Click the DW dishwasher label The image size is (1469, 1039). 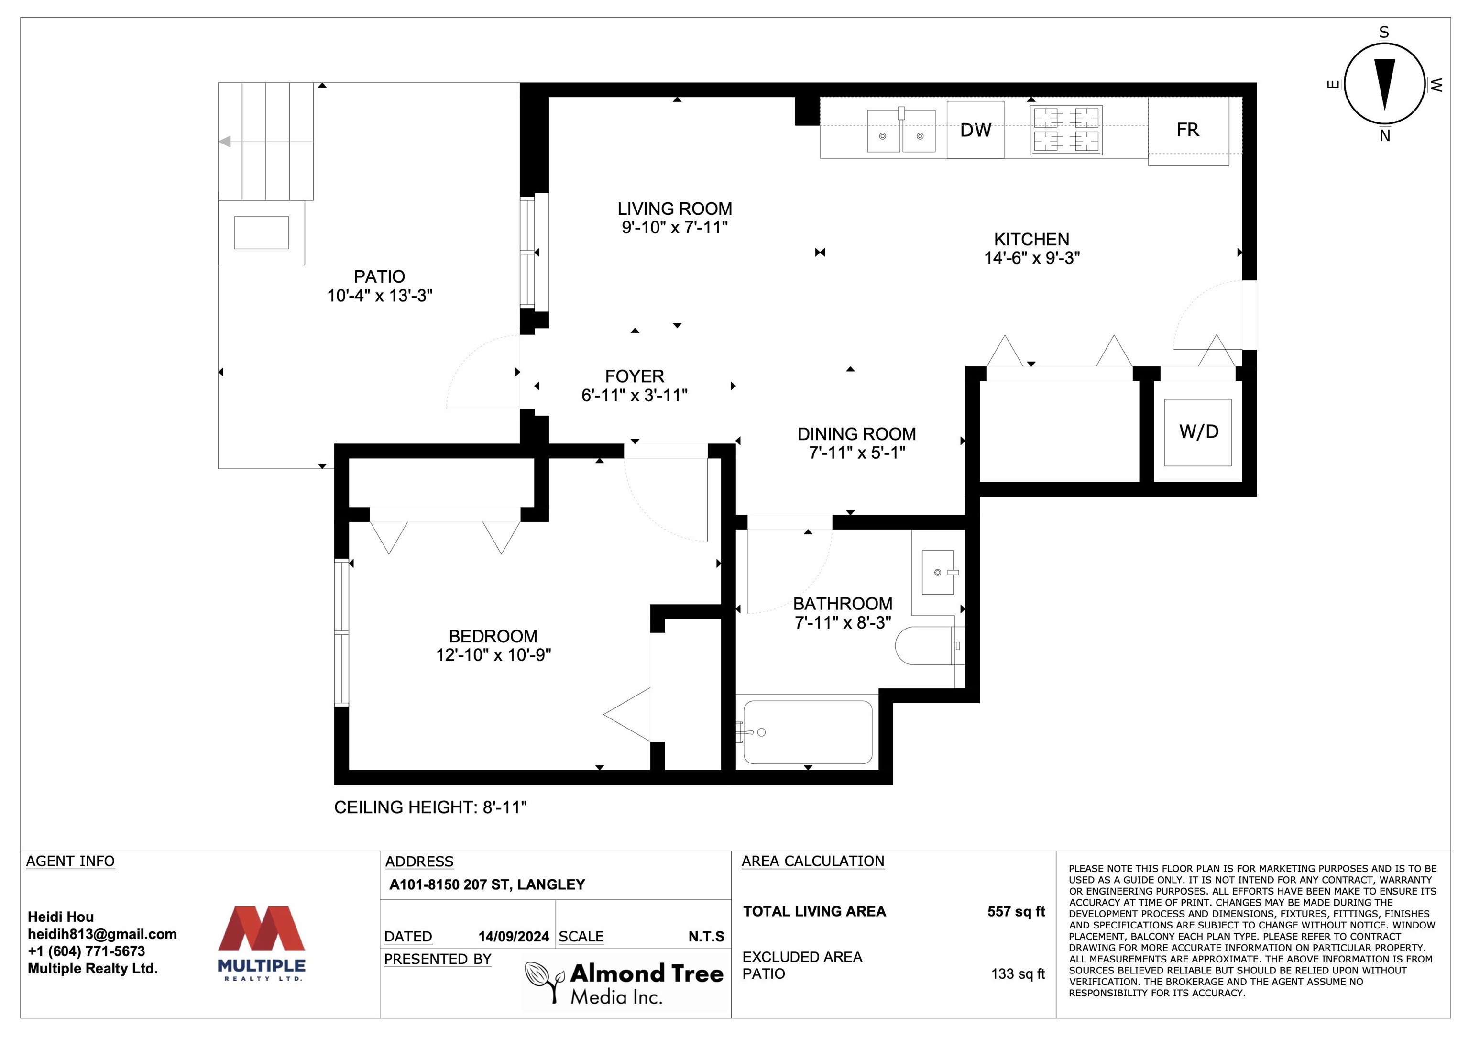(x=975, y=130)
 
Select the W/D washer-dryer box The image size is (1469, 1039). (x=1198, y=432)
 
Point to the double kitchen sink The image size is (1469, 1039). (x=901, y=130)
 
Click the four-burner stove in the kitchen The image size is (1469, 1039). (x=1066, y=130)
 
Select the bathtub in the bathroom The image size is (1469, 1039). (x=808, y=732)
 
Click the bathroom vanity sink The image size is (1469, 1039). (x=939, y=572)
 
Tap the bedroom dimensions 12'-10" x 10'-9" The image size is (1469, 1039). (x=493, y=655)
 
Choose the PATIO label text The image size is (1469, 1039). (x=379, y=276)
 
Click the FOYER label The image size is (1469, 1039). (x=635, y=376)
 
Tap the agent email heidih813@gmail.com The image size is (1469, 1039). (x=102, y=934)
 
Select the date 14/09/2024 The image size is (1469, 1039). (x=514, y=937)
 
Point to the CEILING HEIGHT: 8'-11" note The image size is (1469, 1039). (x=430, y=807)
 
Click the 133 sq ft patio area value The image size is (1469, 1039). (x=1018, y=973)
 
